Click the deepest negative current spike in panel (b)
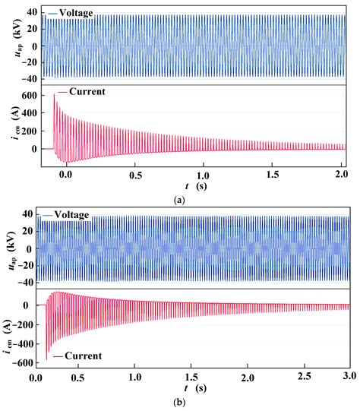coord(47,359)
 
